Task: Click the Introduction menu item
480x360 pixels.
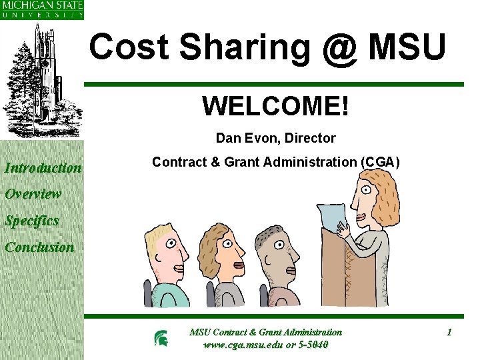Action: pos(43,168)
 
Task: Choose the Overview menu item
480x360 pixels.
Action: pos(33,194)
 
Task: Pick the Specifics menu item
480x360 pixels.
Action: pos(32,221)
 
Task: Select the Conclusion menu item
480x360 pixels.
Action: pos(39,247)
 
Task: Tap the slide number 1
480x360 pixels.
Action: pos(449,332)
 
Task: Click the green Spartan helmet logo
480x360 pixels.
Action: pos(161,339)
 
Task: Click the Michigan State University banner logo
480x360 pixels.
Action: pos(42,10)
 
